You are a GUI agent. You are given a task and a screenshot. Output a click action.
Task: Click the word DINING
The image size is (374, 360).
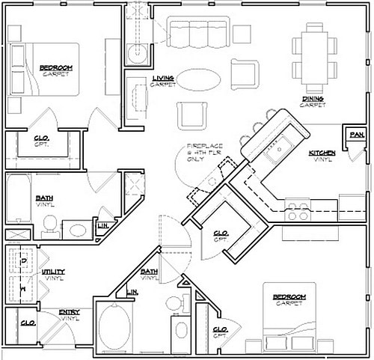(x=313, y=97)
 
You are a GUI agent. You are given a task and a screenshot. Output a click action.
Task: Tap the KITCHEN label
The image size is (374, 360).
(x=323, y=153)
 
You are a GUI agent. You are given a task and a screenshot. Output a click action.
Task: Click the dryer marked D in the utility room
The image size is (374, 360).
(x=23, y=260)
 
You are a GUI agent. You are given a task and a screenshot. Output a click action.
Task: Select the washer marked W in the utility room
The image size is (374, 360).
(x=23, y=287)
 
